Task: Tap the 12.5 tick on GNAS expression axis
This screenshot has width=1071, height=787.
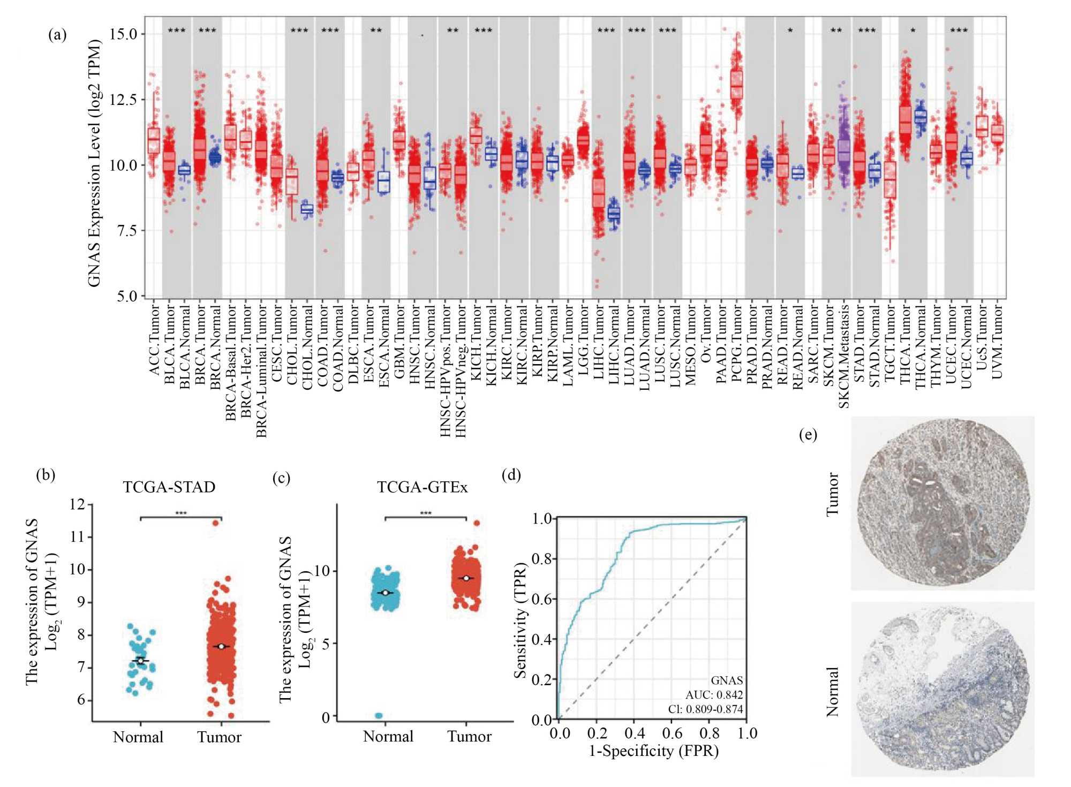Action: [x=123, y=100]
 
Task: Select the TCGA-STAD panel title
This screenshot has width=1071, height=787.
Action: [x=169, y=487]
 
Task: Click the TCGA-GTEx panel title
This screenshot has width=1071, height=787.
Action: [x=422, y=487]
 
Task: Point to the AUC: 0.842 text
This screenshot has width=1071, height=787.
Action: [x=714, y=695]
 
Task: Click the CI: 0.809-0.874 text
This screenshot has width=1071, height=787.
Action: [x=705, y=709]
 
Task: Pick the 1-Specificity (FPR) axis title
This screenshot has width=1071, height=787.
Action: [x=653, y=751]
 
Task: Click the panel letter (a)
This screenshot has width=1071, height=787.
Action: [x=57, y=35]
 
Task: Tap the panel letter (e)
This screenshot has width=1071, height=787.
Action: [x=808, y=434]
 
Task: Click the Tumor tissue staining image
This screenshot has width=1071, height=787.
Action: [x=942, y=503]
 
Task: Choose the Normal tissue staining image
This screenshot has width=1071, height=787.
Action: [x=942, y=690]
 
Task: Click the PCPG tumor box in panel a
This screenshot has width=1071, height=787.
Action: [x=737, y=85]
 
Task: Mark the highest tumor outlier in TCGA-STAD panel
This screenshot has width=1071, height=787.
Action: [x=216, y=523]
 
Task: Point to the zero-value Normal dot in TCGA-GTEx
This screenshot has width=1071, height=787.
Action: [x=379, y=716]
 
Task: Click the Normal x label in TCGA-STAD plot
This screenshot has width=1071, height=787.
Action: [x=138, y=737]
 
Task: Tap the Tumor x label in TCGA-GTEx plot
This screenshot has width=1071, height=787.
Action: [x=469, y=737]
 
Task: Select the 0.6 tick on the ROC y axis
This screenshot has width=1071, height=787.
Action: [x=541, y=599]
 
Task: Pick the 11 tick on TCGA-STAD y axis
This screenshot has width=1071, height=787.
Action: [x=78, y=537]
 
